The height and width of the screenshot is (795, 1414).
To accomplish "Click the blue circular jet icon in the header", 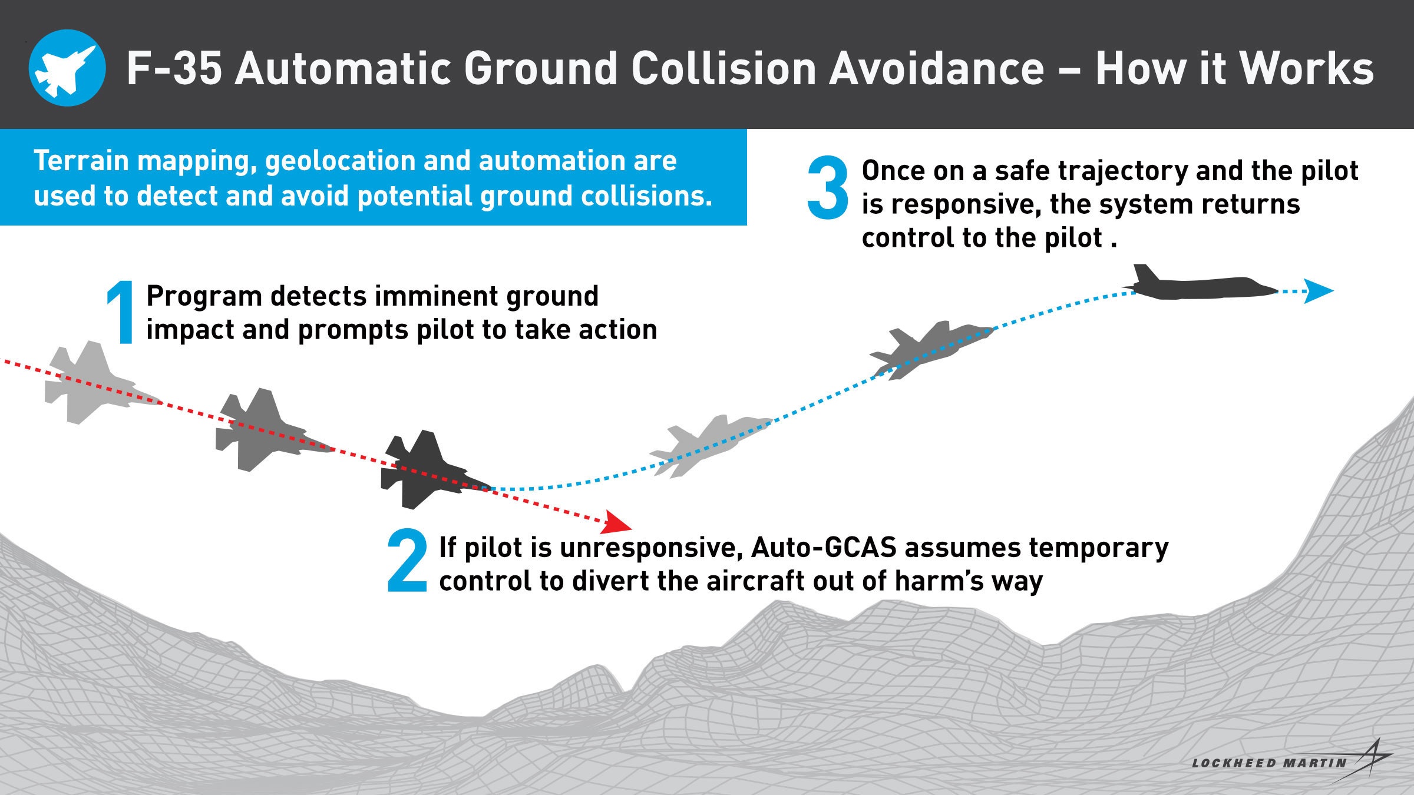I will click(67, 68).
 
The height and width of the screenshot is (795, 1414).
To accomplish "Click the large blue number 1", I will click(121, 312).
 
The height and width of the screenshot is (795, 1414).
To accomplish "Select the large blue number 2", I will click(407, 560).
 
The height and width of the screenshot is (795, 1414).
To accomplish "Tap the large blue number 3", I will click(828, 188).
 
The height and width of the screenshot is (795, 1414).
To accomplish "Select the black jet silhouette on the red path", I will click(427, 471).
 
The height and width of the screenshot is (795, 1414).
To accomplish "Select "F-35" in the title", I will click(174, 69).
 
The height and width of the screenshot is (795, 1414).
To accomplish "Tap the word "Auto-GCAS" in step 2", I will click(824, 548).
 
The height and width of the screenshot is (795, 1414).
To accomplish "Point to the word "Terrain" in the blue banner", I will click(81, 161).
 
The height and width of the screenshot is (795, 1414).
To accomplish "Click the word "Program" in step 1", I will click(203, 296).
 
